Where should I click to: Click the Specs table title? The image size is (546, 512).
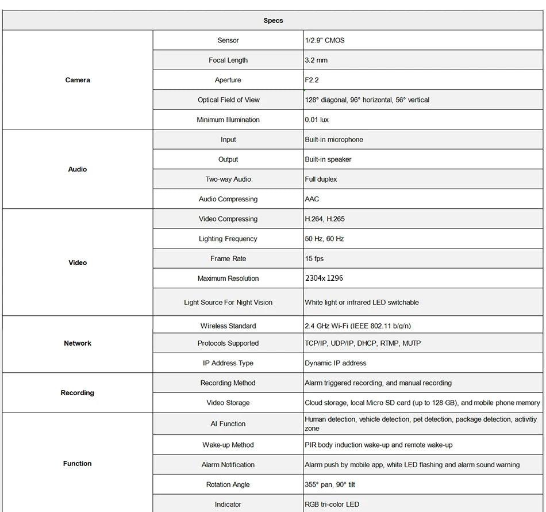click(x=273, y=21)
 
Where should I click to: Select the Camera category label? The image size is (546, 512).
click(x=78, y=80)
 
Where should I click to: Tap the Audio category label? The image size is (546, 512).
click(x=78, y=169)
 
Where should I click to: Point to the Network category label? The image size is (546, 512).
click(x=78, y=343)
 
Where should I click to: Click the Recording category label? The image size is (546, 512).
click(x=78, y=393)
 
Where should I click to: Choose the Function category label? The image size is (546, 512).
click(x=78, y=464)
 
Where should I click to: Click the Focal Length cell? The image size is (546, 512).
click(x=228, y=60)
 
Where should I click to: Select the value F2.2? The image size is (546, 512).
click(x=312, y=80)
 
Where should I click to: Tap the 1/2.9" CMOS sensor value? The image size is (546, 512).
click(x=325, y=40)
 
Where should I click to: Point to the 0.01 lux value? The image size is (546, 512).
click(x=317, y=120)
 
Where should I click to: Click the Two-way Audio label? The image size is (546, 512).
click(x=228, y=179)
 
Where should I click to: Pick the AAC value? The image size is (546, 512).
click(x=312, y=199)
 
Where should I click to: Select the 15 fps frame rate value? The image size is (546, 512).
click(x=314, y=259)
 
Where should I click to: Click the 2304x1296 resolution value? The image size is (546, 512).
click(x=324, y=278)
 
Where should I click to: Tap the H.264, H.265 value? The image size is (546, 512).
click(x=325, y=219)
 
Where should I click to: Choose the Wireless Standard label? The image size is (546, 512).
click(x=228, y=326)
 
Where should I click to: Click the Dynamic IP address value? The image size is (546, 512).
click(x=335, y=363)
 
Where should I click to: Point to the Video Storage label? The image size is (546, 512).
click(x=228, y=403)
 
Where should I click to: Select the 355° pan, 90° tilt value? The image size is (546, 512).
click(x=330, y=484)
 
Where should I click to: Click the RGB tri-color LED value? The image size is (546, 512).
click(x=332, y=505)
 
